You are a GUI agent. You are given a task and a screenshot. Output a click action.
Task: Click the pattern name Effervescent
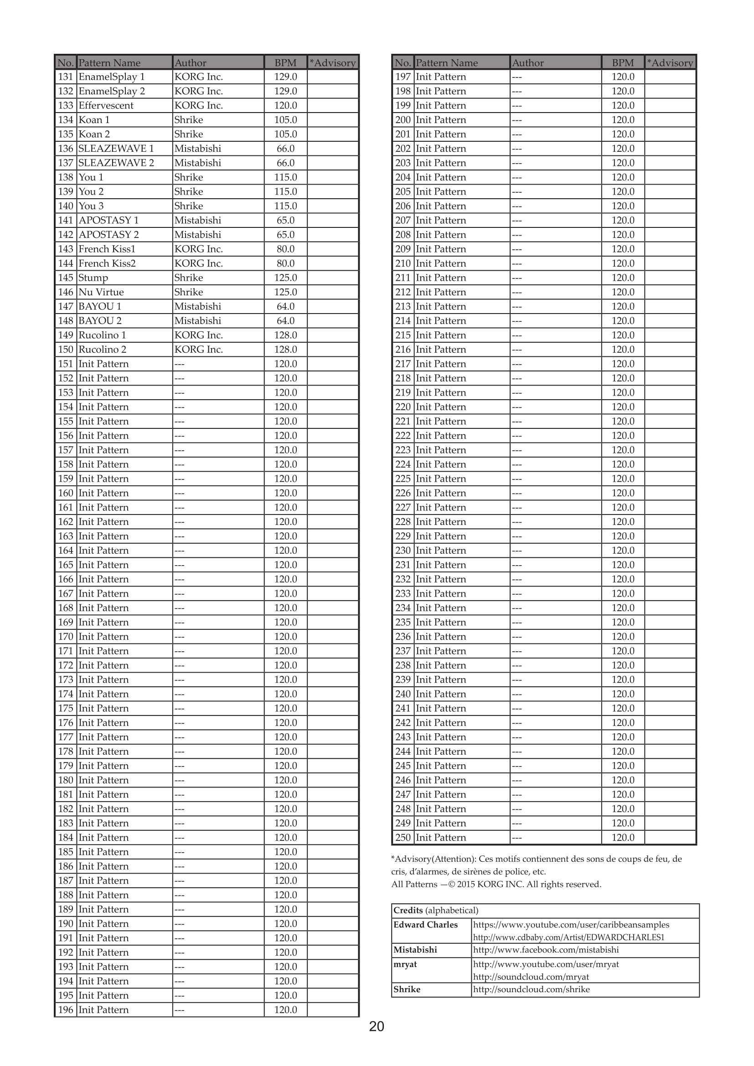click(x=106, y=105)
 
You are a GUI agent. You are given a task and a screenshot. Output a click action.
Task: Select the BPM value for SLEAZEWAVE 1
click(x=285, y=149)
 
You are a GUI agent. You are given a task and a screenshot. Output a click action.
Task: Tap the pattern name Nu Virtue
click(x=101, y=292)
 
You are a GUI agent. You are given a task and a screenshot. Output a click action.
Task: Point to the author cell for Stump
click(x=189, y=278)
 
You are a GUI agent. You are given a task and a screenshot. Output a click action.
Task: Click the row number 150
click(x=66, y=350)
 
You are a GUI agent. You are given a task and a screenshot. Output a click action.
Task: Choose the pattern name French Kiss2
click(x=107, y=263)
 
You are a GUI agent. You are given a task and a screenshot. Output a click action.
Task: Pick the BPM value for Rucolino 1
click(x=285, y=335)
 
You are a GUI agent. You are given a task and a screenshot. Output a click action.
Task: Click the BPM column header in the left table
click(x=285, y=63)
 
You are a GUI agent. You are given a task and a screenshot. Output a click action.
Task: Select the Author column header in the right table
click(x=528, y=63)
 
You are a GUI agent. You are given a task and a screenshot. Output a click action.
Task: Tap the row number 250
click(x=403, y=838)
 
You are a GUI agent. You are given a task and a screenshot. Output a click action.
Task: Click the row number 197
click(x=403, y=77)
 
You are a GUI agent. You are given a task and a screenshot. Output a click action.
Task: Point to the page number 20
click(x=377, y=1026)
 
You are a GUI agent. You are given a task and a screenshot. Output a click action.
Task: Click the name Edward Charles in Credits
click(x=425, y=924)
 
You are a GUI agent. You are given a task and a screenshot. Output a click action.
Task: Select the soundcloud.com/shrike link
click(x=531, y=989)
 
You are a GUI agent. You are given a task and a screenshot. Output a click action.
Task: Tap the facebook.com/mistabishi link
click(x=546, y=950)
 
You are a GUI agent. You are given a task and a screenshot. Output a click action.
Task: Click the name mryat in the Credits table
click(x=405, y=964)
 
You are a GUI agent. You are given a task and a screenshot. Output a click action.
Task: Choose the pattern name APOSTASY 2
click(x=108, y=234)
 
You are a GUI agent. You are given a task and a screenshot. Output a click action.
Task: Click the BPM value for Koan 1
click(x=285, y=120)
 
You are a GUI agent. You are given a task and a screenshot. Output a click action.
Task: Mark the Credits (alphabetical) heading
click(x=435, y=911)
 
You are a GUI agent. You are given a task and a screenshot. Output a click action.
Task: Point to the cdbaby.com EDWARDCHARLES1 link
click(x=568, y=937)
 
